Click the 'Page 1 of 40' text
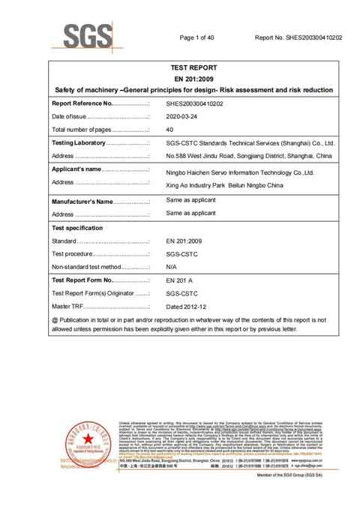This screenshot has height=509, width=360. [197, 37]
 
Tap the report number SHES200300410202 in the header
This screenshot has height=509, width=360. [298, 37]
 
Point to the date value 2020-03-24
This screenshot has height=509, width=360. [184, 116]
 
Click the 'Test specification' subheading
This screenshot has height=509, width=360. [77, 227]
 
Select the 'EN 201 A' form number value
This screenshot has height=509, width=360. [178, 280]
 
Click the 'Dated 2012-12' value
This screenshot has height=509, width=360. [184, 306]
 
